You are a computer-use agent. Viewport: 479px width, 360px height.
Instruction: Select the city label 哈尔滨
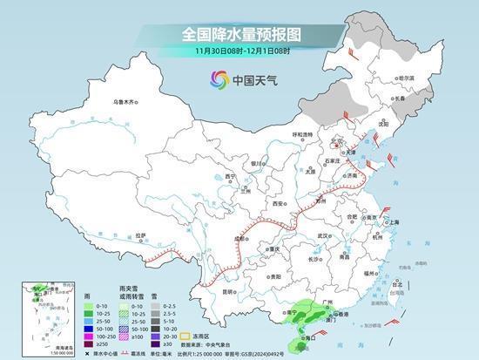click(x=406, y=78)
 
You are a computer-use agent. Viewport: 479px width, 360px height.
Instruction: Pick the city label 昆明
click(x=228, y=290)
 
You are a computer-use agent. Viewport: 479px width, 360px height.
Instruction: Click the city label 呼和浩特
click(x=301, y=134)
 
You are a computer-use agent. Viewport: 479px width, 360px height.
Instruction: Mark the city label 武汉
click(x=325, y=235)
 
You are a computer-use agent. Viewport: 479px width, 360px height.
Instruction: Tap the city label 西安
click(x=279, y=202)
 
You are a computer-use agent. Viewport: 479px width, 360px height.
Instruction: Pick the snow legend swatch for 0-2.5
click(x=153, y=306)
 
